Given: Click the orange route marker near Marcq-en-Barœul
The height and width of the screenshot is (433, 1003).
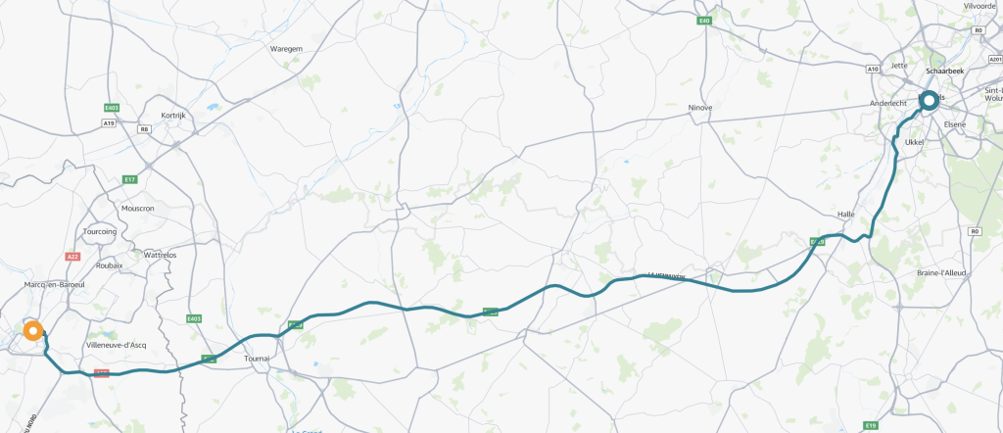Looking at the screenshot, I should pos(32,331).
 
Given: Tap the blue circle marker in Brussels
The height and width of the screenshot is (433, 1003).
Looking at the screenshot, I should pos(929,98).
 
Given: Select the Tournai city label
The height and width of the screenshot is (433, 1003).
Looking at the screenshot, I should pos(257,359).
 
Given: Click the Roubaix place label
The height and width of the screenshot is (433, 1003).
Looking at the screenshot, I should pos(109,265).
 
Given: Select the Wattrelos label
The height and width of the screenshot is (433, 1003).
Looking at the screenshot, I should pos(160,255).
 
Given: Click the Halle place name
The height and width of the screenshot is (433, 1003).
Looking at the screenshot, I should pos(847,214).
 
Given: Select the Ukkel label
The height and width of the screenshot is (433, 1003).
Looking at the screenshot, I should pos(915,142).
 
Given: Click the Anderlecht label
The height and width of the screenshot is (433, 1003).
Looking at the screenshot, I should pos(891,103).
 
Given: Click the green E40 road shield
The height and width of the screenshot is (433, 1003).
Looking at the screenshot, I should pos(704,21).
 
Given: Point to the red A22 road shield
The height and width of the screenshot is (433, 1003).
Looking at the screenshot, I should pos(72,256).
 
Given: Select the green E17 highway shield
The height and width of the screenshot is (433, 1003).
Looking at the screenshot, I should pos(128,179).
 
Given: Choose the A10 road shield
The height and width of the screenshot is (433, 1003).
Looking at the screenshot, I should pos(873,69).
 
